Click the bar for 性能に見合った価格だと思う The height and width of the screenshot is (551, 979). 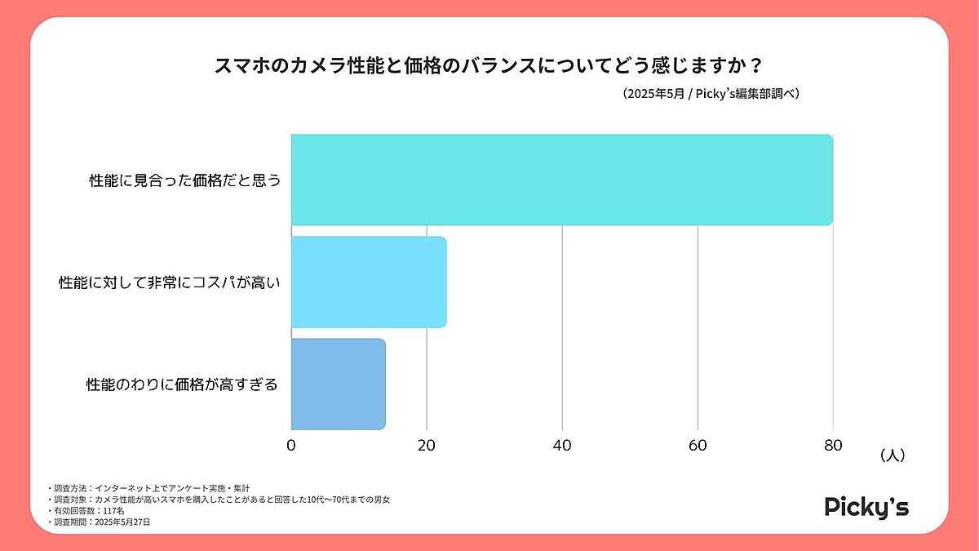click(561, 180)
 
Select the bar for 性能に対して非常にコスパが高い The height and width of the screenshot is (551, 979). click(369, 282)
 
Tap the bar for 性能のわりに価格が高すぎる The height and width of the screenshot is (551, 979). click(338, 384)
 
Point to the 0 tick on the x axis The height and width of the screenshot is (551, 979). click(291, 445)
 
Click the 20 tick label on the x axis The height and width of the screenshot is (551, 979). click(426, 445)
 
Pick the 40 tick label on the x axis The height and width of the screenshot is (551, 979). click(562, 445)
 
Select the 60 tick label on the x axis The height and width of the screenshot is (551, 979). click(698, 445)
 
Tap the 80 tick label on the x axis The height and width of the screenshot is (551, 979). click(832, 445)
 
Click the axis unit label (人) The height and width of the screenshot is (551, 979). click(893, 455)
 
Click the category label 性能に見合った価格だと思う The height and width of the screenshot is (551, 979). click(184, 180)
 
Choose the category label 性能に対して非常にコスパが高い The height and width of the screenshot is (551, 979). click(170, 282)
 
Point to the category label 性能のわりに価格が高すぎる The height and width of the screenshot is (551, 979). click(182, 384)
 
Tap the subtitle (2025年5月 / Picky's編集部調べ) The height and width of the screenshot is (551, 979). click(709, 93)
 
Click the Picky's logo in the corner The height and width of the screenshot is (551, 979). click(866, 507)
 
